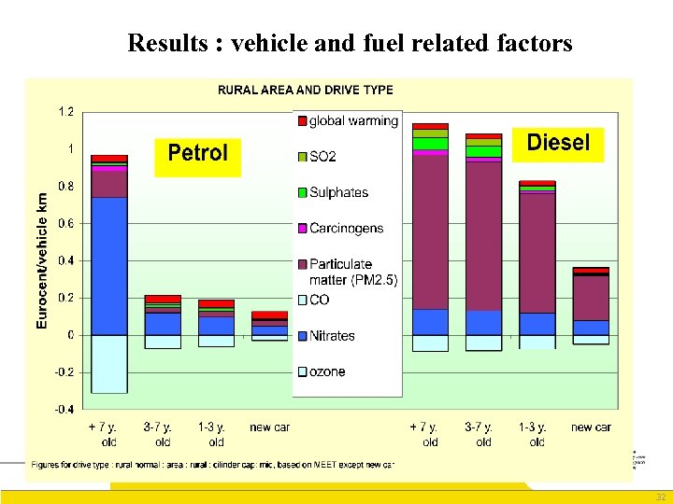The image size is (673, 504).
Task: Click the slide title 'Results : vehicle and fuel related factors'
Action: coord(350,43)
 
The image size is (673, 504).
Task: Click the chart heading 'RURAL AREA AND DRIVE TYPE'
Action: coord(305,91)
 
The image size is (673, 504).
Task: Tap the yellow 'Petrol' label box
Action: coord(197,153)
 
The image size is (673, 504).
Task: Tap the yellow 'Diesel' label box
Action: coord(558,142)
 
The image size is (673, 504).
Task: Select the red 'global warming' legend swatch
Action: coord(301,120)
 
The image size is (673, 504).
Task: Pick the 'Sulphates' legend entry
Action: coord(338,192)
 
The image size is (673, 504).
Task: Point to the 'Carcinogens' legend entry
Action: coord(346,228)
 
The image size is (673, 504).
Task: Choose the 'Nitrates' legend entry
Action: coord(332,336)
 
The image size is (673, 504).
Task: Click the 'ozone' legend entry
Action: coord(327,371)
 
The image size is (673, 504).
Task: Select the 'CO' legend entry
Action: coord(319,300)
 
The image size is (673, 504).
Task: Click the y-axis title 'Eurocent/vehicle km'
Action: coord(41,260)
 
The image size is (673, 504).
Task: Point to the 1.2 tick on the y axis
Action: coord(66,112)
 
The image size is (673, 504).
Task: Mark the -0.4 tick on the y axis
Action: coord(64,409)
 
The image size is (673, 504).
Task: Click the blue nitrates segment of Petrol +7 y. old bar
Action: coord(109,266)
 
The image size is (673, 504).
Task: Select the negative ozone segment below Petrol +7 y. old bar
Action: coord(109,364)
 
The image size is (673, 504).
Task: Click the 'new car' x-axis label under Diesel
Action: coord(591,427)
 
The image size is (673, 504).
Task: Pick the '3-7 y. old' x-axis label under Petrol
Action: coord(163,434)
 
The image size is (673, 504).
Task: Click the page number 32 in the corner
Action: coord(661,497)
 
